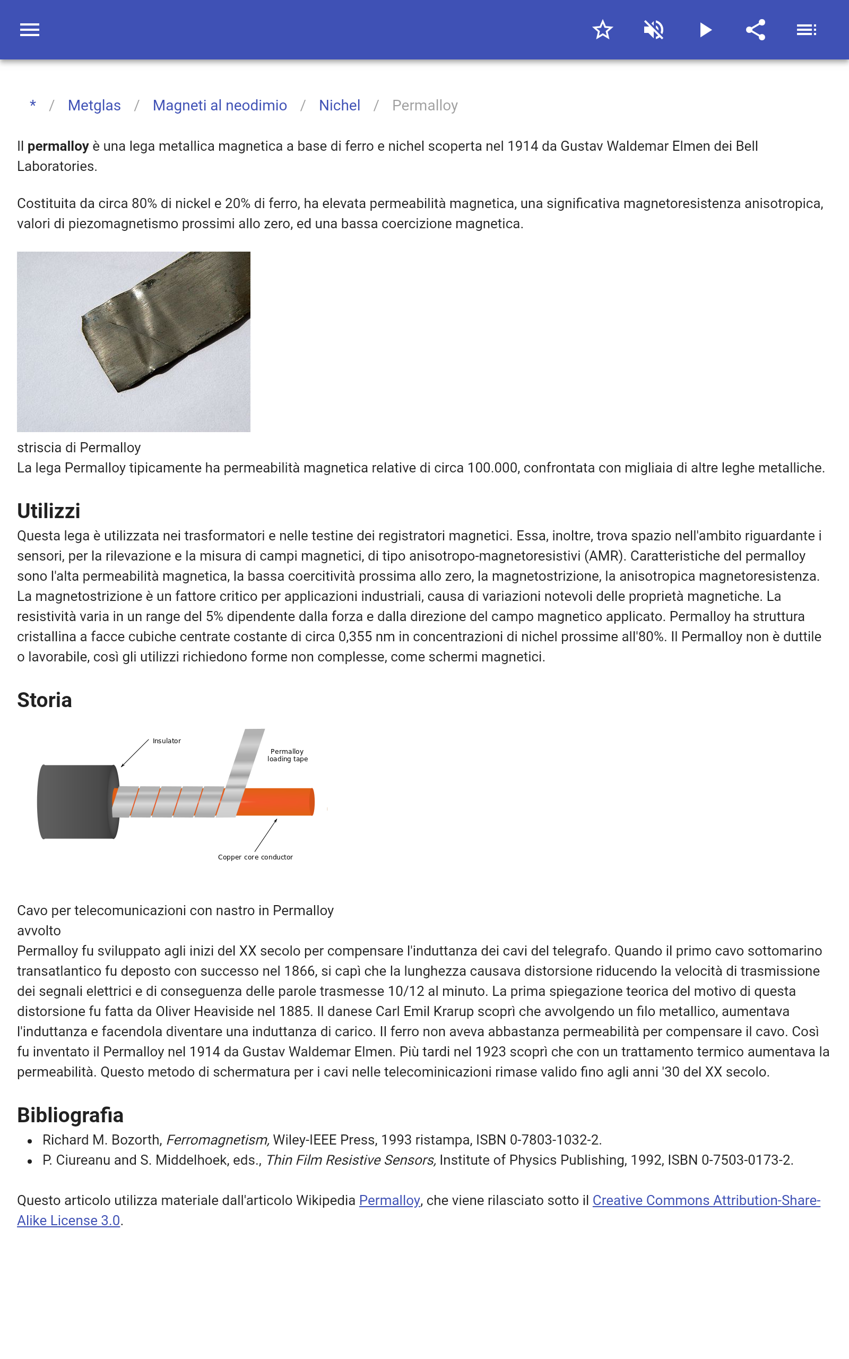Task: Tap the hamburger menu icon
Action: pyautogui.click(x=30, y=30)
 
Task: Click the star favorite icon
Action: pyautogui.click(x=602, y=30)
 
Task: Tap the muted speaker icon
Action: pyautogui.click(x=654, y=30)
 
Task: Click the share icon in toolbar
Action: pyautogui.click(x=756, y=30)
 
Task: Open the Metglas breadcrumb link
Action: pyautogui.click(x=94, y=106)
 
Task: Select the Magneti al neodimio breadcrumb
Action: pyautogui.click(x=220, y=106)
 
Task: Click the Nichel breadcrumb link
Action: pyautogui.click(x=339, y=106)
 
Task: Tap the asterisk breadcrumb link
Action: pyautogui.click(x=33, y=105)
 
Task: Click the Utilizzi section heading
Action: pyautogui.click(x=49, y=511)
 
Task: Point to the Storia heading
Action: pyautogui.click(x=45, y=700)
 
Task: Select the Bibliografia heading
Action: pyautogui.click(x=70, y=1115)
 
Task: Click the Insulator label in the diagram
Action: pyautogui.click(x=167, y=741)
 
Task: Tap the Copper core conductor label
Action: pyautogui.click(x=255, y=857)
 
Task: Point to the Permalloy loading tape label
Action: pyautogui.click(x=288, y=755)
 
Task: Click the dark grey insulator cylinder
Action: pyautogui.click(x=76, y=802)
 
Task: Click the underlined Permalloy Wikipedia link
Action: pyautogui.click(x=389, y=1201)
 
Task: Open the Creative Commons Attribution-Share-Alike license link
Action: pyautogui.click(x=706, y=1201)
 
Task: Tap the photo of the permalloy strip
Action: pyautogui.click(x=134, y=341)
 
